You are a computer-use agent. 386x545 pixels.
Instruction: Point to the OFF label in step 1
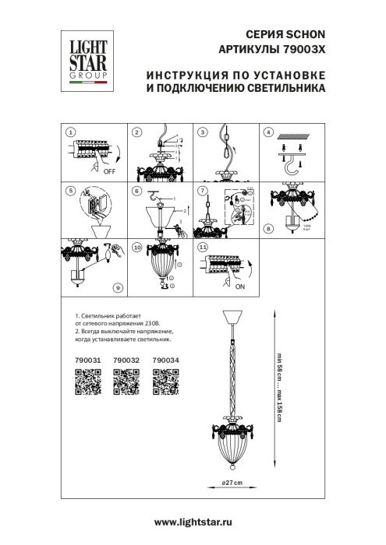(x=111, y=176)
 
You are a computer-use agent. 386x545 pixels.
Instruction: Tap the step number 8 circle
(x=269, y=228)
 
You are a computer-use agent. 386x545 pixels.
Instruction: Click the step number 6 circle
(x=136, y=190)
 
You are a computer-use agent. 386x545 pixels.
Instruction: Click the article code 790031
(x=87, y=360)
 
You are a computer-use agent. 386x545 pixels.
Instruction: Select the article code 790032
(x=126, y=360)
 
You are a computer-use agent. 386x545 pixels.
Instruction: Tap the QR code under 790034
(x=165, y=383)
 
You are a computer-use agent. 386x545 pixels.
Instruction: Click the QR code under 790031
(x=87, y=383)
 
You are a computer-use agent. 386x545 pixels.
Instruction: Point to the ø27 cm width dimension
(x=232, y=483)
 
